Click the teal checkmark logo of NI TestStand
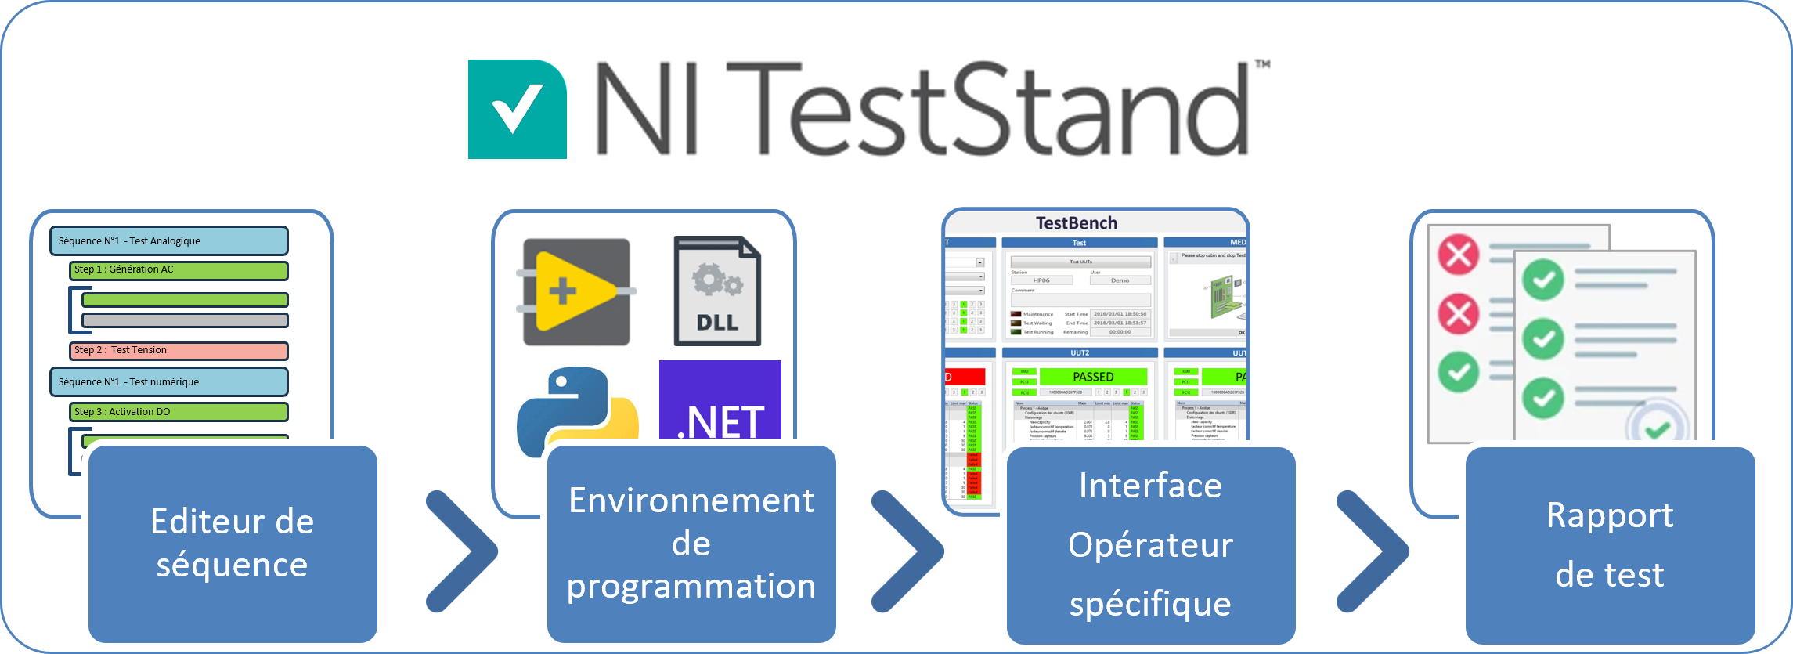coord(517,110)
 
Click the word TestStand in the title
coord(987,110)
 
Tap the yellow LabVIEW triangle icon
coord(576,292)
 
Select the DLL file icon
coord(717,291)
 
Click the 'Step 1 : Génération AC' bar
coord(179,270)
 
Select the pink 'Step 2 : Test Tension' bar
coord(179,351)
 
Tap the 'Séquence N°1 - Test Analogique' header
coord(169,241)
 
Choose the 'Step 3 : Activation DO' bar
coord(179,412)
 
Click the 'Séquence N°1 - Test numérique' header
coord(169,382)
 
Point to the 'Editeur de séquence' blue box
coord(233,544)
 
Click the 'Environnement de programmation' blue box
coord(691,544)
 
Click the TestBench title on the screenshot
coord(1077,223)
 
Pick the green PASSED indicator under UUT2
coord(1093,377)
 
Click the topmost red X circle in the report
coord(1459,255)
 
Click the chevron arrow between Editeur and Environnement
coord(463,551)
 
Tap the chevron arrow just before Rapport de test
coord(1373,551)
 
